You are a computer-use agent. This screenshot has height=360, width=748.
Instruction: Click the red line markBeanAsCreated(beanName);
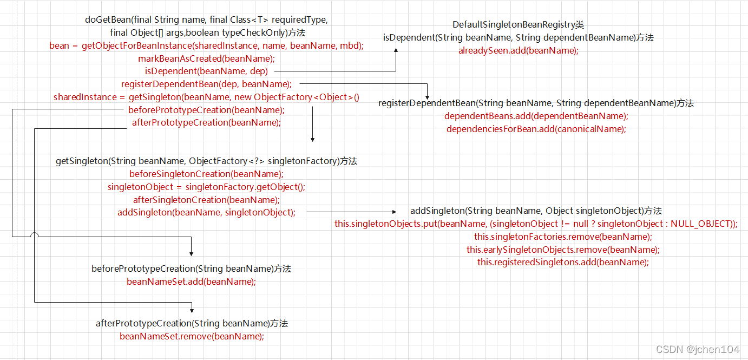click(x=206, y=58)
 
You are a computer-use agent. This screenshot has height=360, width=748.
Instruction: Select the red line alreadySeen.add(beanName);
click(x=518, y=51)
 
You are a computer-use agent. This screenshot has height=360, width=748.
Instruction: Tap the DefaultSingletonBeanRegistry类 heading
click(x=518, y=25)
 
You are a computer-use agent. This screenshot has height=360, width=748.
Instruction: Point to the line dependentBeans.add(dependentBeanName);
click(x=536, y=116)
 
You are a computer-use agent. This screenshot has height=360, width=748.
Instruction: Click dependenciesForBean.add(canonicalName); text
click(x=536, y=129)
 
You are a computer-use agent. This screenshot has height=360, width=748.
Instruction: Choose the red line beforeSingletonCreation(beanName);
click(x=206, y=174)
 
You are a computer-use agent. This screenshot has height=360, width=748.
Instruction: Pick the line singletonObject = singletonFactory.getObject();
click(x=206, y=187)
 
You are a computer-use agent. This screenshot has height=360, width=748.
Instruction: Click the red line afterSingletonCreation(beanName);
click(x=206, y=200)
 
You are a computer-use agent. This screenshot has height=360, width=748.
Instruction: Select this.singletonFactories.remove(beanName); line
click(x=563, y=237)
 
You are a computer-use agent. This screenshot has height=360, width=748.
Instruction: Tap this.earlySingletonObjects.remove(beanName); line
click(x=563, y=250)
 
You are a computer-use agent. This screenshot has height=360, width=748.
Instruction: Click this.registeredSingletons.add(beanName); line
click(x=563, y=262)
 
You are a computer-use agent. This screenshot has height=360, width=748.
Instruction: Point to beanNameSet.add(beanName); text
click(x=191, y=282)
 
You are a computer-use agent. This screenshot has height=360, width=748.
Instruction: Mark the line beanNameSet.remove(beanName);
click(x=192, y=336)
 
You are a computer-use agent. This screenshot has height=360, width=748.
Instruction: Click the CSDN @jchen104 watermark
click(x=697, y=349)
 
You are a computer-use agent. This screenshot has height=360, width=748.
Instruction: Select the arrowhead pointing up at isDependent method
click(x=396, y=50)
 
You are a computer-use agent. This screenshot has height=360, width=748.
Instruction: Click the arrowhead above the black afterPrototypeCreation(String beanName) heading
click(x=192, y=310)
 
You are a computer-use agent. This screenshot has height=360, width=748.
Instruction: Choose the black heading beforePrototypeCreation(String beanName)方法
click(x=191, y=269)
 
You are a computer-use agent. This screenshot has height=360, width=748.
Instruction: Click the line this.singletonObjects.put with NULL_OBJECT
click(x=536, y=224)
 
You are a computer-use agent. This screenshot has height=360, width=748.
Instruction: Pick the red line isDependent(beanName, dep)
click(x=206, y=71)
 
